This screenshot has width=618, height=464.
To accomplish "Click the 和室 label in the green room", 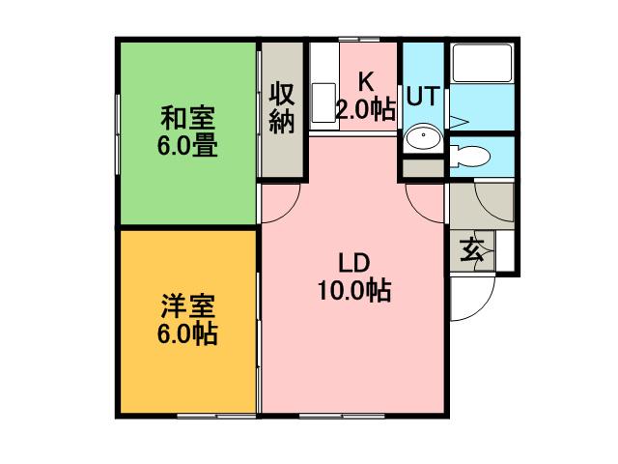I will pos(187,120).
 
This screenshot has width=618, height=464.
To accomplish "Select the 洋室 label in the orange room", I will pos(187,307).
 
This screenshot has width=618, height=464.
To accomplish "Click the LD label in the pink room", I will pos(353,262).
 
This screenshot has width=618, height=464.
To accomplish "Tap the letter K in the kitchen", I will pos(366,81).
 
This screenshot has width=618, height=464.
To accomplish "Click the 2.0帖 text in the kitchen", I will pos(366,108).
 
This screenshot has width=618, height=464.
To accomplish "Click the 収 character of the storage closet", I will pos(282,95).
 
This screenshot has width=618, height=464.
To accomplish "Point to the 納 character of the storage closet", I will pos(282,125).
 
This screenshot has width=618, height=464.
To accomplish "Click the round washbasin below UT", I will pos(423,139).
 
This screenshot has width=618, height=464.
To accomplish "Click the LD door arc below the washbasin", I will pos(425,201).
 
